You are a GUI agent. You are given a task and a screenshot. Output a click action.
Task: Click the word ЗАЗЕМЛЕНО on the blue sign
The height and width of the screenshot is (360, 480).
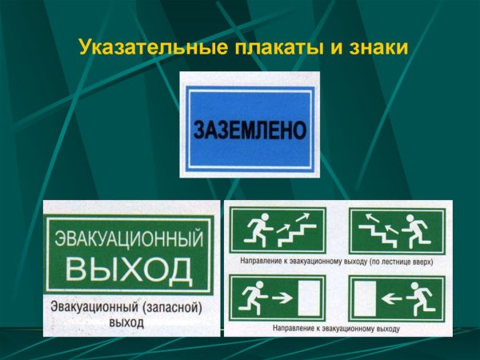(x=250, y=128)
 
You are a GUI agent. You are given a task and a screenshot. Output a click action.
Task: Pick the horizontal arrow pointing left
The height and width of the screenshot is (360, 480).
(x=391, y=298)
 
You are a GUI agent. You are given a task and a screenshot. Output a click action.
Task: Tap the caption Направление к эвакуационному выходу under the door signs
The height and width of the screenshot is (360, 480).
(x=336, y=328)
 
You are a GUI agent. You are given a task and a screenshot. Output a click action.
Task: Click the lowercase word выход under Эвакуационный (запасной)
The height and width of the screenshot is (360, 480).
(x=126, y=323)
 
